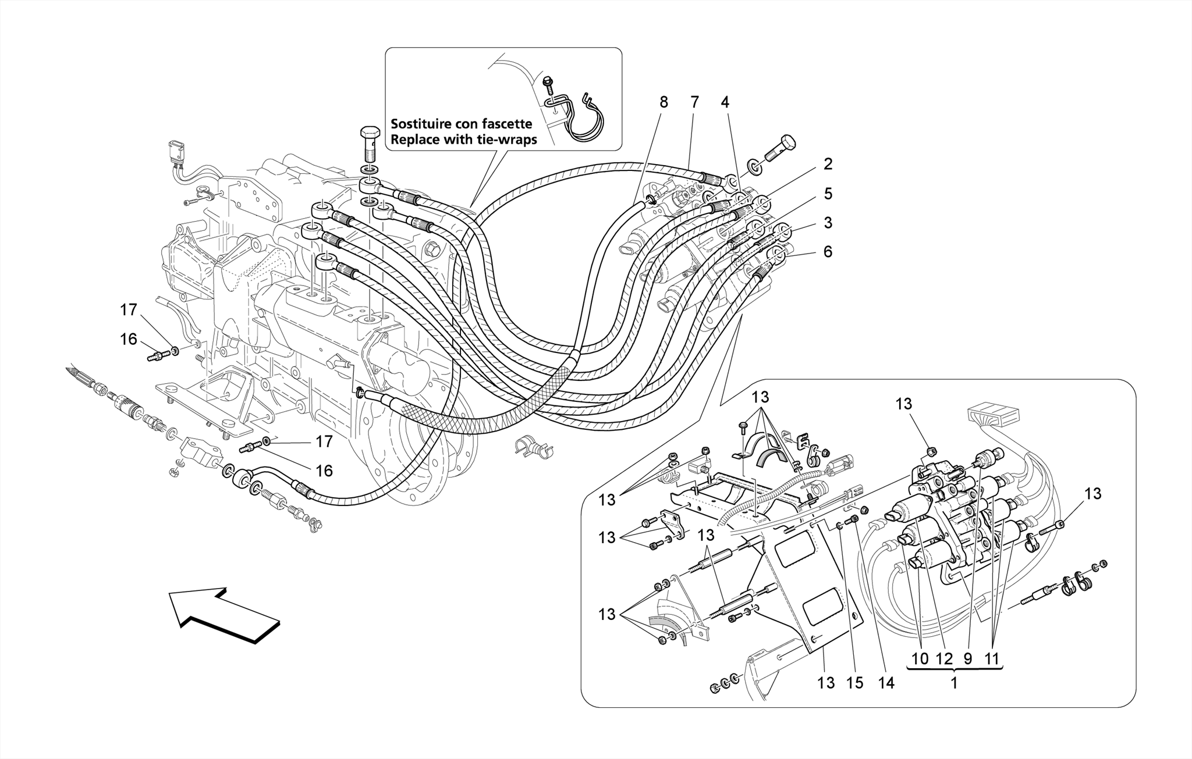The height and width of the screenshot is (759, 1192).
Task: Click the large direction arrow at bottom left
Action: [x=224, y=614]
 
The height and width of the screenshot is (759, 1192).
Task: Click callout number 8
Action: [x=664, y=102]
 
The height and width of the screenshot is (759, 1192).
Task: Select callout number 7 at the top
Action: [x=694, y=102]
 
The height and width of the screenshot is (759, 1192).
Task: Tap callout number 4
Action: [x=724, y=102]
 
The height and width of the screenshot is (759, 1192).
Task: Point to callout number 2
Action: [x=828, y=164]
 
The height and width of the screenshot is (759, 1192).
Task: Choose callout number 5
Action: [x=828, y=194]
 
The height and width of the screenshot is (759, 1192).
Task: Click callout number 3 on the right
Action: [x=828, y=223]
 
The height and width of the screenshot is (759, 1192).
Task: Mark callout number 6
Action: [x=828, y=252]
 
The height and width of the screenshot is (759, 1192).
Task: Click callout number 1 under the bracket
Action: [x=954, y=683]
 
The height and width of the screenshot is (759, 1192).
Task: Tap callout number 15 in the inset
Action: [x=854, y=683]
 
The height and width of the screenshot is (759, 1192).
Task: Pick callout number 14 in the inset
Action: [x=885, y=683]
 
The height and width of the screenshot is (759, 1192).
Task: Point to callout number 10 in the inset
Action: [x=920, y=659]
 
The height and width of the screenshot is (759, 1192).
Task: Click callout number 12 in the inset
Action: [x=944, y=659]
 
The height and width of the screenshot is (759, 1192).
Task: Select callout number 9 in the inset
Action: [x=967, y=659]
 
